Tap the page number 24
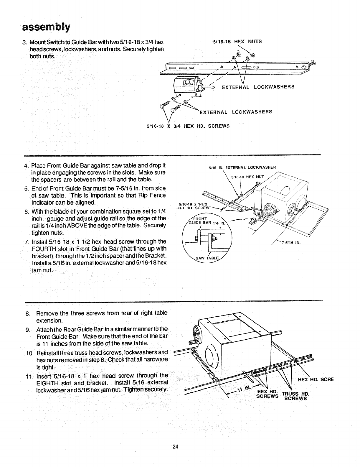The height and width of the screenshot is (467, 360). coord(176,446)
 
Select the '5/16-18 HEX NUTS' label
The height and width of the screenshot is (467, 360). coord(237,41)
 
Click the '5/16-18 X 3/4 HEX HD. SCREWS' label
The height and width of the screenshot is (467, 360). coord(188,126)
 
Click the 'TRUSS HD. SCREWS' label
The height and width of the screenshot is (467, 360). coord(295,396)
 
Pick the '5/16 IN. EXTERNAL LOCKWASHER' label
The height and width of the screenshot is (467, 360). coord(242,168)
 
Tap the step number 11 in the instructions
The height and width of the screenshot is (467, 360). coord(28,376)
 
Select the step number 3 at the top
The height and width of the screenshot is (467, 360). coord(24,42)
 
